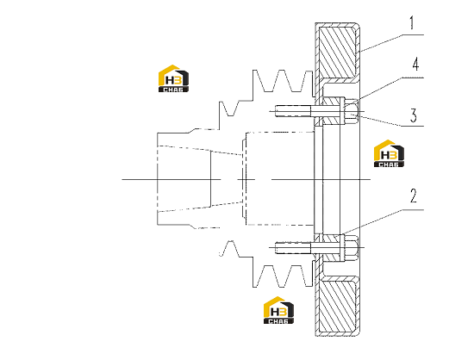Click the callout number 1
(411, 23)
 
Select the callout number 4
(415, 64)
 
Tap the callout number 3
(414, 115)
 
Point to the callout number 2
(414, 196)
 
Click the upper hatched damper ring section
(337, 52)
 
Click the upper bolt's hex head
(352, 111)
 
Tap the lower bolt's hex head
(352, 248)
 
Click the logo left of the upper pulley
(173, 78)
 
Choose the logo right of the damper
(389, 153)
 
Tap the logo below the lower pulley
(278, 310)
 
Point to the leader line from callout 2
(384, 221)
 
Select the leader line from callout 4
(390, 88)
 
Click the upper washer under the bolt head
(343, 111)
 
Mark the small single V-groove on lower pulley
(230, 249)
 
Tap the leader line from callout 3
(390, 121)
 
